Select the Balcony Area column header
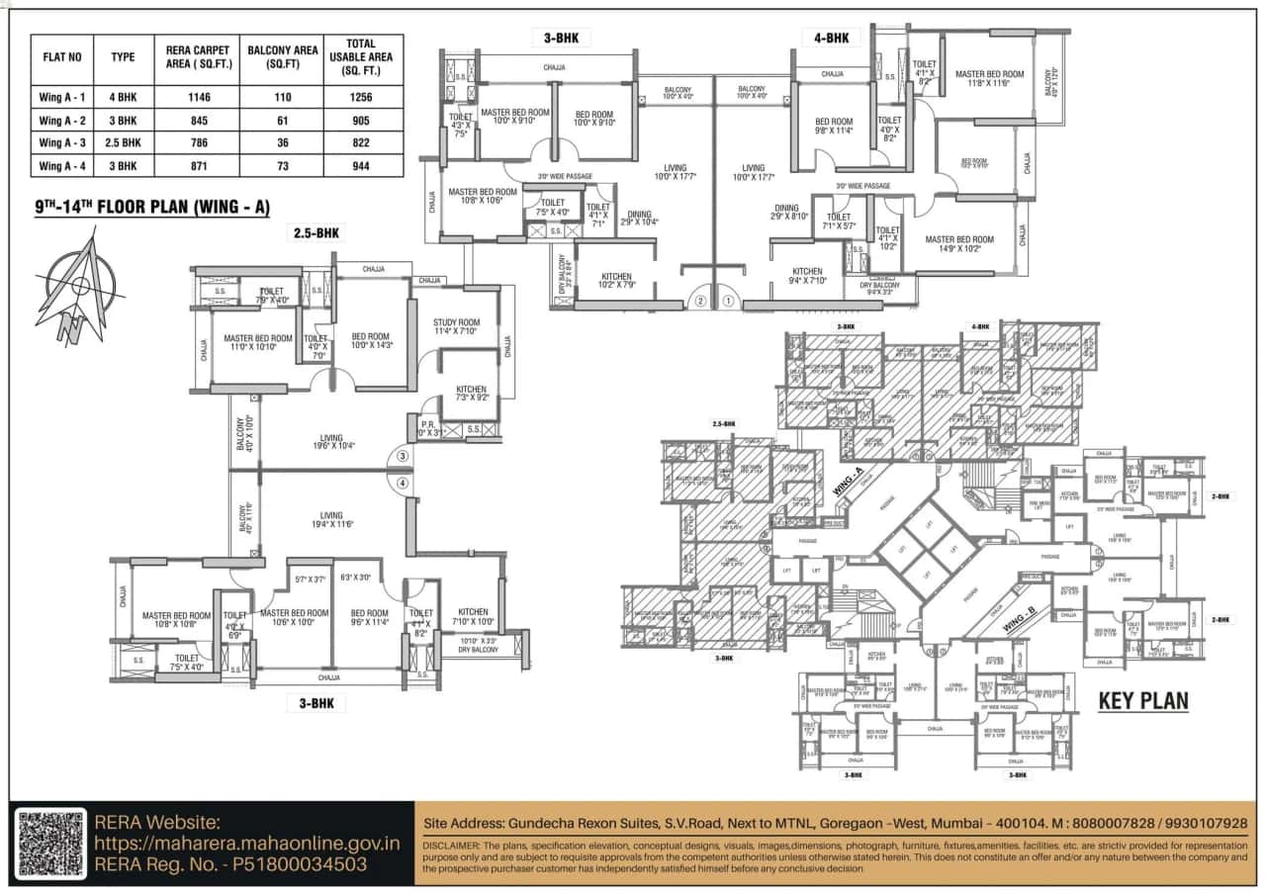pos(282,57)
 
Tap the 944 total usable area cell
pos(360,166)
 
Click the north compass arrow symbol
pos(79,288)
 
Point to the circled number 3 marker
pos(403,456)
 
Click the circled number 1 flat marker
pos(729,301)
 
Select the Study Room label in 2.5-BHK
pos(456,327)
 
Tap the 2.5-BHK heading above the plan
pos(316,233)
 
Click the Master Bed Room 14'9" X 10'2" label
pos(960,244)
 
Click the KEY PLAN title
pos(1143,701)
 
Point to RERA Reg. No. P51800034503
pos(230,864)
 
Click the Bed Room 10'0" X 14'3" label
pos(372,341)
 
